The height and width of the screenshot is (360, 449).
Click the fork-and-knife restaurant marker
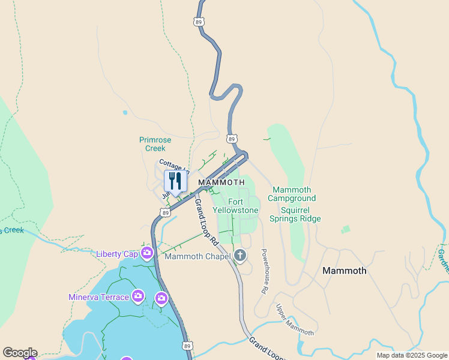(175, 181)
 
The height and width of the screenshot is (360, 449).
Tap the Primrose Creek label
(155, 144)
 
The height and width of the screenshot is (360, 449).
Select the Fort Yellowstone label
(235, 206)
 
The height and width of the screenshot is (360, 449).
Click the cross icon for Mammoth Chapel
(240, 256)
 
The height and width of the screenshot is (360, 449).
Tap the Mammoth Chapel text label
(197, 257)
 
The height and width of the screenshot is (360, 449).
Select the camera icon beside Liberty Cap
(146, 253)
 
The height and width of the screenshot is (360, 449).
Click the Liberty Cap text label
(116, 254)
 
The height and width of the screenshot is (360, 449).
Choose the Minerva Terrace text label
(98, 297)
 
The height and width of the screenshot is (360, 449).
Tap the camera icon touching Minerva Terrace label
(138, 296)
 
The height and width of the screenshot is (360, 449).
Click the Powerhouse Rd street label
(264, 271)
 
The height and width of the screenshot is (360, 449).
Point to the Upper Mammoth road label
(294, 320)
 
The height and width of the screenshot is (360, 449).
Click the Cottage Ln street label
(173, 166)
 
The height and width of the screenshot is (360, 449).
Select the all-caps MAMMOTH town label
(221, 182)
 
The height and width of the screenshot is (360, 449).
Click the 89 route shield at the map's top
(199, 22)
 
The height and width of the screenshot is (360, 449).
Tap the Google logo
(20, 353)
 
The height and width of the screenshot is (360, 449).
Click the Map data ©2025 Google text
(412, 355)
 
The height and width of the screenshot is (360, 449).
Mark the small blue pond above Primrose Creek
(125, 112)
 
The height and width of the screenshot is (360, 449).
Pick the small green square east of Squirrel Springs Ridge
(345, 229)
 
